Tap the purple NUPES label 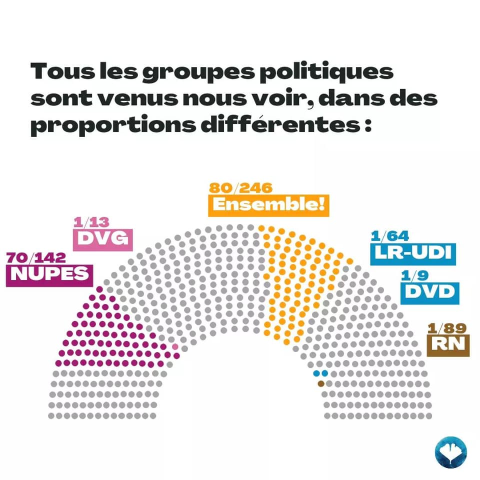tap(49, 274)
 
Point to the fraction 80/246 tap(240, 188)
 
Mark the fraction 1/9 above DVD tap(413, 274)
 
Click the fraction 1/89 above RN tap(447, 328)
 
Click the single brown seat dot tap(321, 383)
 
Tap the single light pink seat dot tap(175, 346)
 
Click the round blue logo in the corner tap(450, 452)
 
